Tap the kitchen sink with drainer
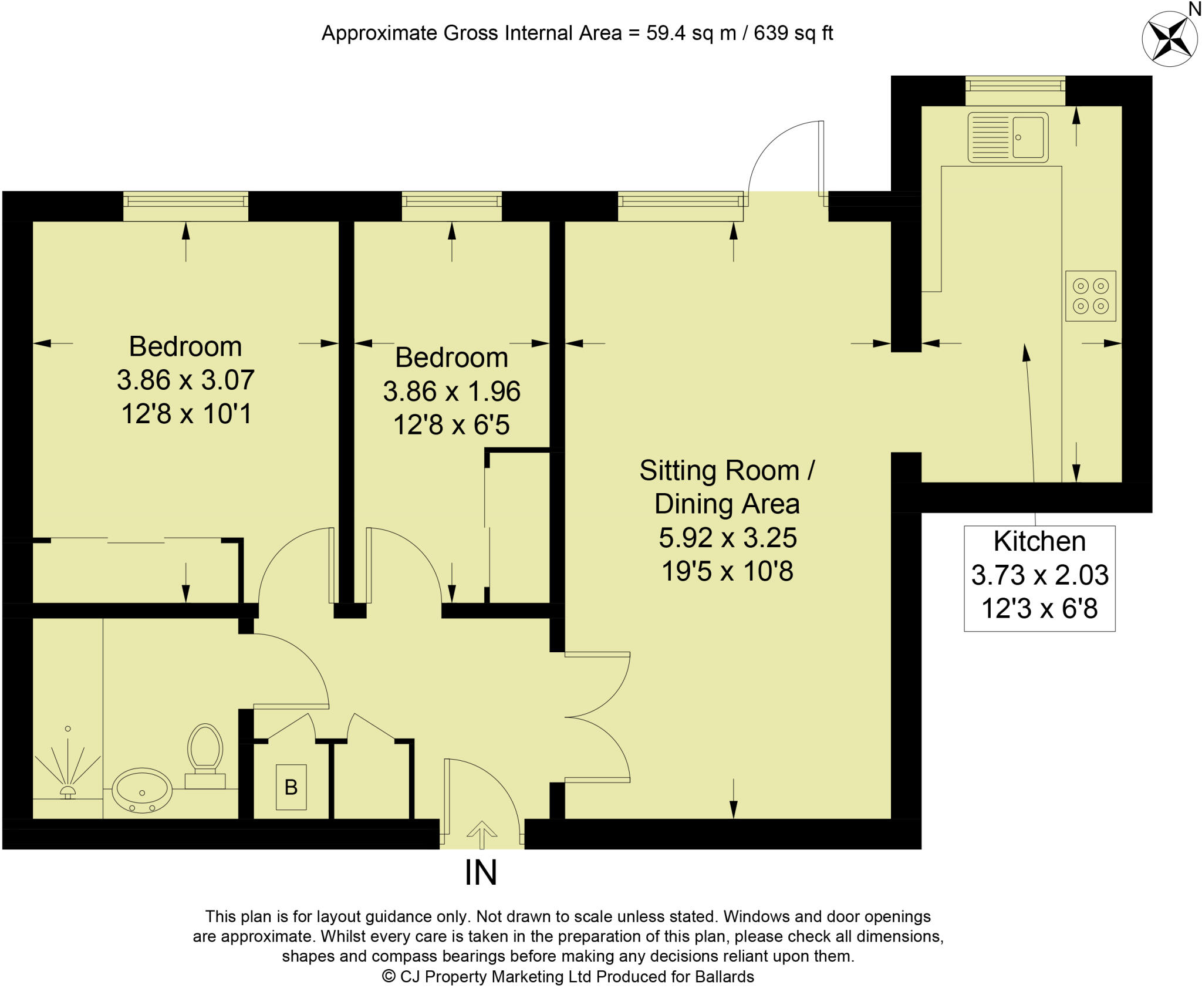coord(1008,137)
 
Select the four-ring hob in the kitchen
coord(1090,296)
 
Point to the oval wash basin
coord(142,791)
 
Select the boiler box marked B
coord(291,787)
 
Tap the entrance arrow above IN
coord(482,834)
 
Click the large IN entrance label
coord(481,872)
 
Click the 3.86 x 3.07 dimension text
coord(185,380)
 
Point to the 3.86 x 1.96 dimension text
coord(451,392)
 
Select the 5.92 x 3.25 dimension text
coord(727,538)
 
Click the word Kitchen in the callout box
coord(1039,541)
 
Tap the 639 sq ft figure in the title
coord(793,33)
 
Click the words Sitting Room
coord(720,471)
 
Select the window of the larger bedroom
coord(185,202)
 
